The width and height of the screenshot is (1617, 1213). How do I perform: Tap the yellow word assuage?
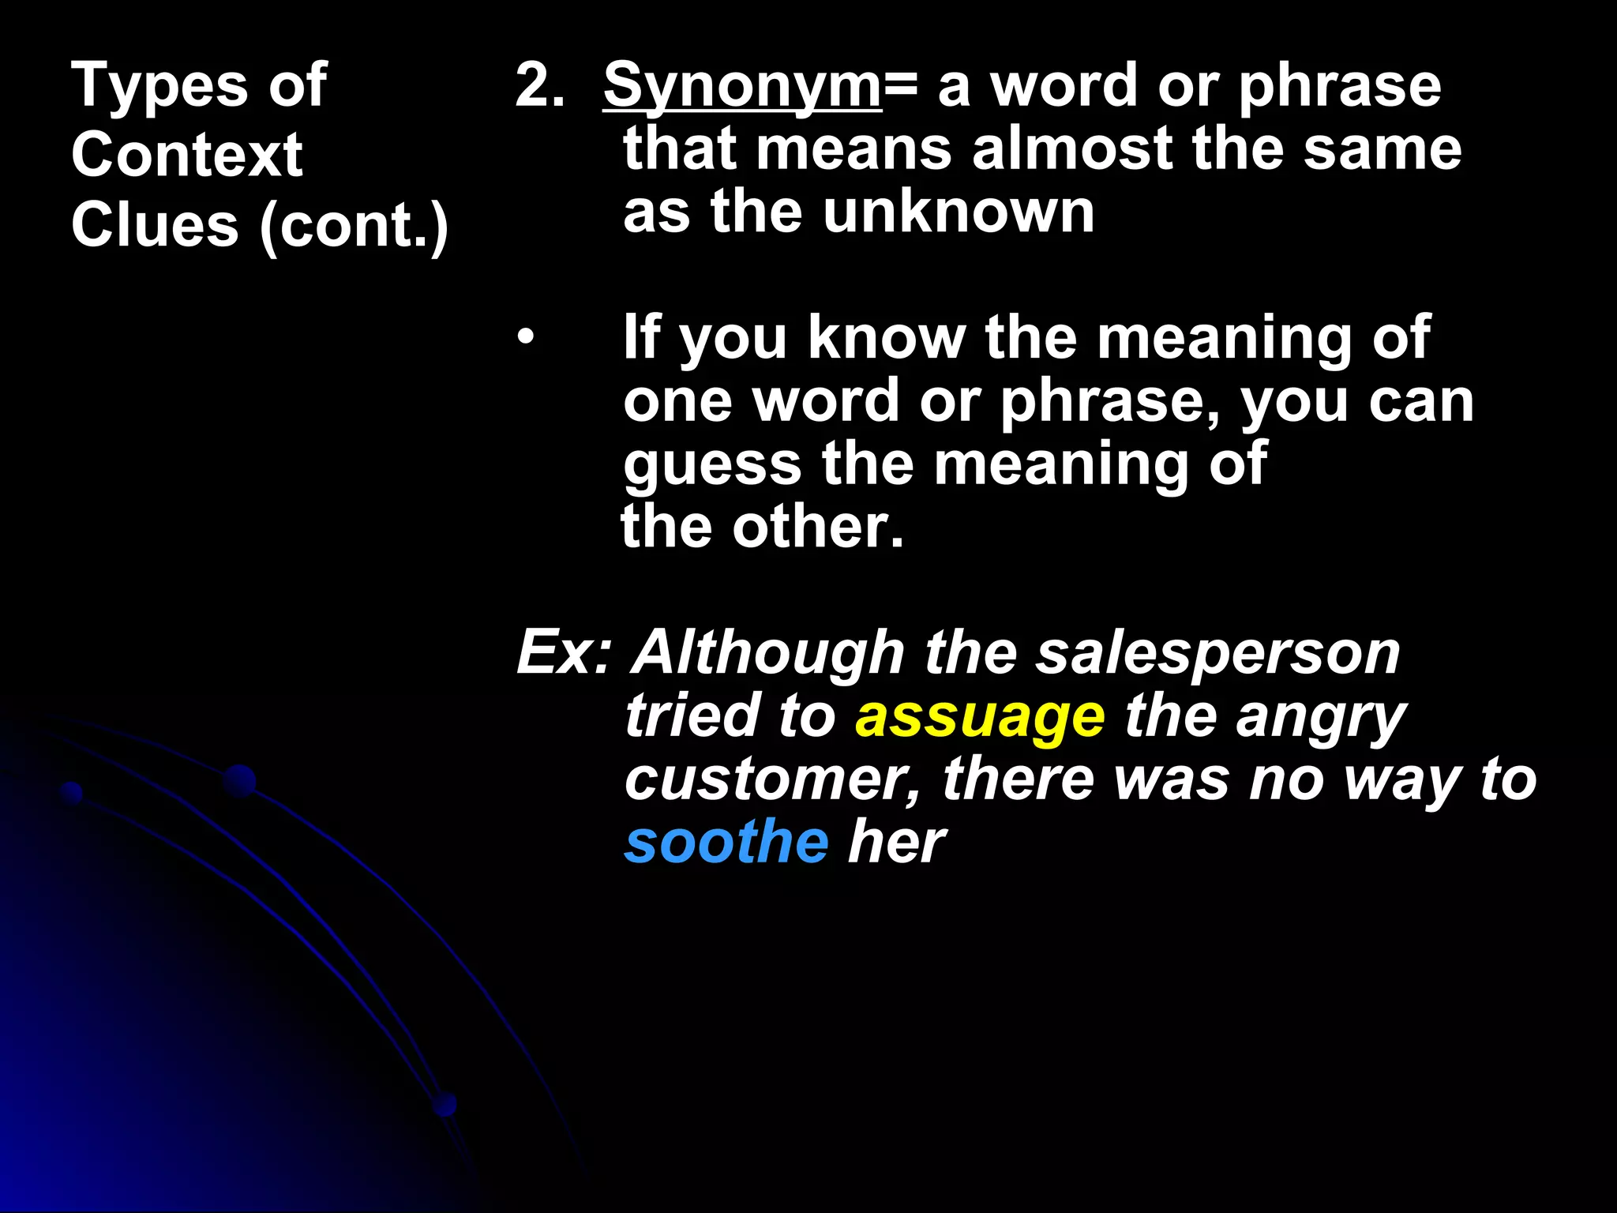980,717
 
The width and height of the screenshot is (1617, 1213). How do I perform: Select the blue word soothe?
726,842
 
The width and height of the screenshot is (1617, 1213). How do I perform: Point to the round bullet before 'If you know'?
526,339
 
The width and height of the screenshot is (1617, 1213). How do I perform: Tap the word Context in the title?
186,155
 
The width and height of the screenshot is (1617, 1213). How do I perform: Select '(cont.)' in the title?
354,226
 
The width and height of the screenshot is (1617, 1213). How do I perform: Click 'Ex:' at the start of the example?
564,653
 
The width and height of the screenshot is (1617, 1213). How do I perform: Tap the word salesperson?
1217,653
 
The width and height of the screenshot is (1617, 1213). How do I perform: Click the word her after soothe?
896,842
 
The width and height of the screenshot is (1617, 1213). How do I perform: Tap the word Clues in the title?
155,225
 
